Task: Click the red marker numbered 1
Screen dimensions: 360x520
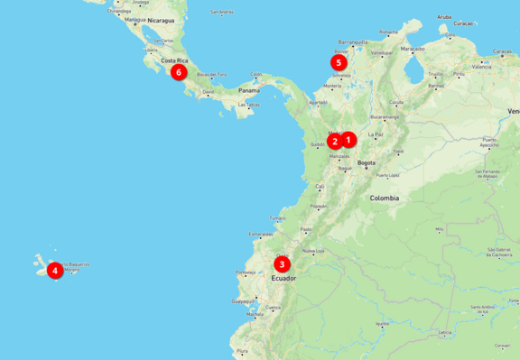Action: [349, 139]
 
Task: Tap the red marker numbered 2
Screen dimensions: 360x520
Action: [335, 141]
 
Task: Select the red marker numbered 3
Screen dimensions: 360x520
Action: [283, 264]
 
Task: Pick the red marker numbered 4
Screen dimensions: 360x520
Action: [55, 270]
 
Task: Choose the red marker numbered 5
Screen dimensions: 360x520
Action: [338, 63]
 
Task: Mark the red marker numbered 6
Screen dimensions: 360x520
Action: [179, 72]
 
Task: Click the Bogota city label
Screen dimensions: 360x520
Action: [367, 163]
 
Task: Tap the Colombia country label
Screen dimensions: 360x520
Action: [385, 198]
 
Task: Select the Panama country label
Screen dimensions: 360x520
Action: [248, 91]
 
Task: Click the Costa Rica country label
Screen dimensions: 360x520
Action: [174, 61]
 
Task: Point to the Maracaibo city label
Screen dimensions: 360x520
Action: [413, 49]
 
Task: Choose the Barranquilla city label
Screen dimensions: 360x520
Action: [354, 42]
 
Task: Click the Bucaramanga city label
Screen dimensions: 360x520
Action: [384, 116]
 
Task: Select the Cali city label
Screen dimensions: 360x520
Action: [320, 187]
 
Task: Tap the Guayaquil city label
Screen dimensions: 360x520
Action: [243, 300]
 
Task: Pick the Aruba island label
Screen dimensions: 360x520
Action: [444, 16]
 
